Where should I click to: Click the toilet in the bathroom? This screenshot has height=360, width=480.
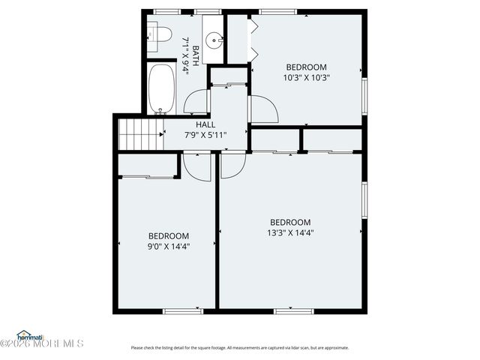pyautogui.click(x=159, y=33)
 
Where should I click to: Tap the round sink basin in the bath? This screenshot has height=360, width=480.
pyautogui.click(x=214, y=40)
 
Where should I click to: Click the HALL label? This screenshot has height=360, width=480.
pyautogui.click(x=205, y=124)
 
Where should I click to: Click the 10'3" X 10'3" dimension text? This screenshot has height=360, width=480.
pyautogui.click(x=306, y=77)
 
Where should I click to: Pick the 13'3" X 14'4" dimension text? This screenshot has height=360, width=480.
pyautogui.click(x=289, y=232)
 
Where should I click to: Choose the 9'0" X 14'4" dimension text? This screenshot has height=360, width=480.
pyautogui.click(x=168, y=246)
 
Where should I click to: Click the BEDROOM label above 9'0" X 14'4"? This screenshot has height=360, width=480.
pyautogui.click(x=168, y=235)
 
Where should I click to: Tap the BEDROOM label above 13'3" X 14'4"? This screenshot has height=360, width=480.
pyautogui.click(x=289, y=222)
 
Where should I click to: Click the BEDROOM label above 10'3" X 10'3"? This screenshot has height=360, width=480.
pyautogui.click(x=306, y=67)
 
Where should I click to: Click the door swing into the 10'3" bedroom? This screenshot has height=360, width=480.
pyautogui.click(x=263, y=109)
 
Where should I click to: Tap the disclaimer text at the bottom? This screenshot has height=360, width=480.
pyautogui.click(x=240, y=347)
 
